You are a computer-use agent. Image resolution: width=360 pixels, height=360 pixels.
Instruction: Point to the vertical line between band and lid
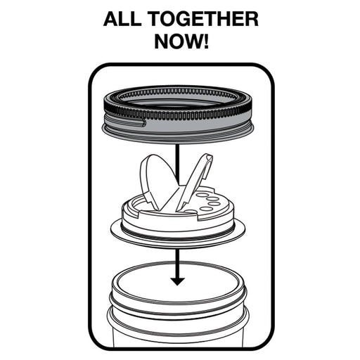pyautogui.click(x=177, y=162)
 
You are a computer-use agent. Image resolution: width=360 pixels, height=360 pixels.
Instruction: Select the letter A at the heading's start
pyautogui.click(x=111, y=19)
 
